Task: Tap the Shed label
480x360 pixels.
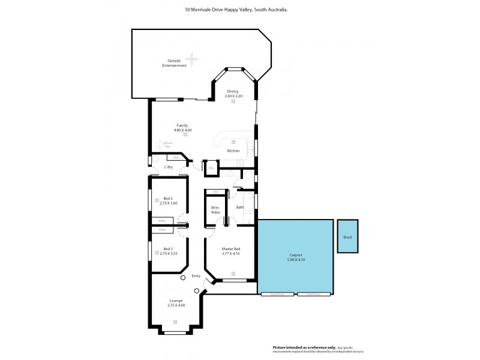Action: click(347, 238)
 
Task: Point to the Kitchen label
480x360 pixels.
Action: click(233, 151)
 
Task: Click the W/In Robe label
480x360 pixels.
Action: click(215, 210)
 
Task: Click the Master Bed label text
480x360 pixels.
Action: click(230, 250)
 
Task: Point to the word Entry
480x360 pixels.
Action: click(196, 276)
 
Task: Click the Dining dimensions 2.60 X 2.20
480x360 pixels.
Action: click(232, 96)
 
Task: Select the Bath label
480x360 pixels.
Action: click(239, 207)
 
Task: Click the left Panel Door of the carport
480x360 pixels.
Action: click(277, 295)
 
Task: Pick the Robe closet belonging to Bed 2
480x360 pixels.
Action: click(162, 221)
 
